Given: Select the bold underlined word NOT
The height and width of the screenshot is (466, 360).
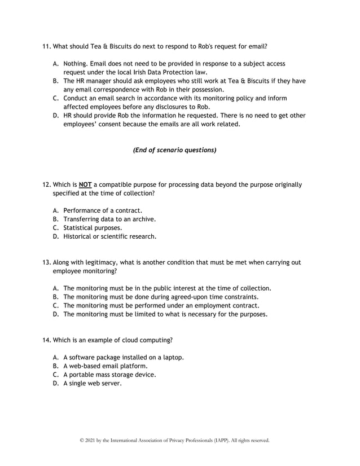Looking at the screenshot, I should (85, 184).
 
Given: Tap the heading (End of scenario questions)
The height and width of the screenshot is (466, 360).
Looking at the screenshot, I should (174, 150).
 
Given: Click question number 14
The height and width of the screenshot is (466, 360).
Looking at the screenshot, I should (46, 340).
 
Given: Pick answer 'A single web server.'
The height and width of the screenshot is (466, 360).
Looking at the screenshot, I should (92, 383).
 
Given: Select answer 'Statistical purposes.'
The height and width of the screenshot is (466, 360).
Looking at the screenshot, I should (93, 228).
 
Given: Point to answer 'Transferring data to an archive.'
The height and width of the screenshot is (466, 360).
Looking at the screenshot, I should (109, 219).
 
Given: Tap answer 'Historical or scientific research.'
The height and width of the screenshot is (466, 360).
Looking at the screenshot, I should (109, 236).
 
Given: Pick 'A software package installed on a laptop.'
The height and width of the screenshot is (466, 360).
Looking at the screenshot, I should (124, 357).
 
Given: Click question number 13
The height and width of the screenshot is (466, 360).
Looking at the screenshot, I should (46, 262).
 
